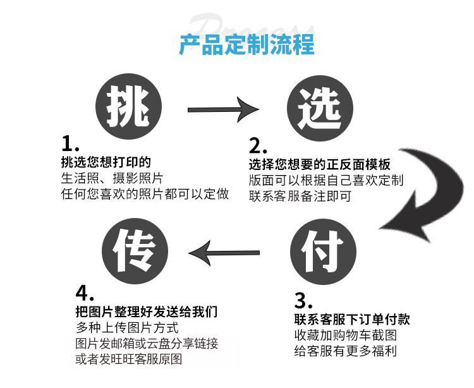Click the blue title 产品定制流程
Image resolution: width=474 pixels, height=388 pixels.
[246, 45]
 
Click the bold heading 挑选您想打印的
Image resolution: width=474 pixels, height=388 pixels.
[106, 161]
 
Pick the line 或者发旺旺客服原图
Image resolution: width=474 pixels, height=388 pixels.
[128, 361]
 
